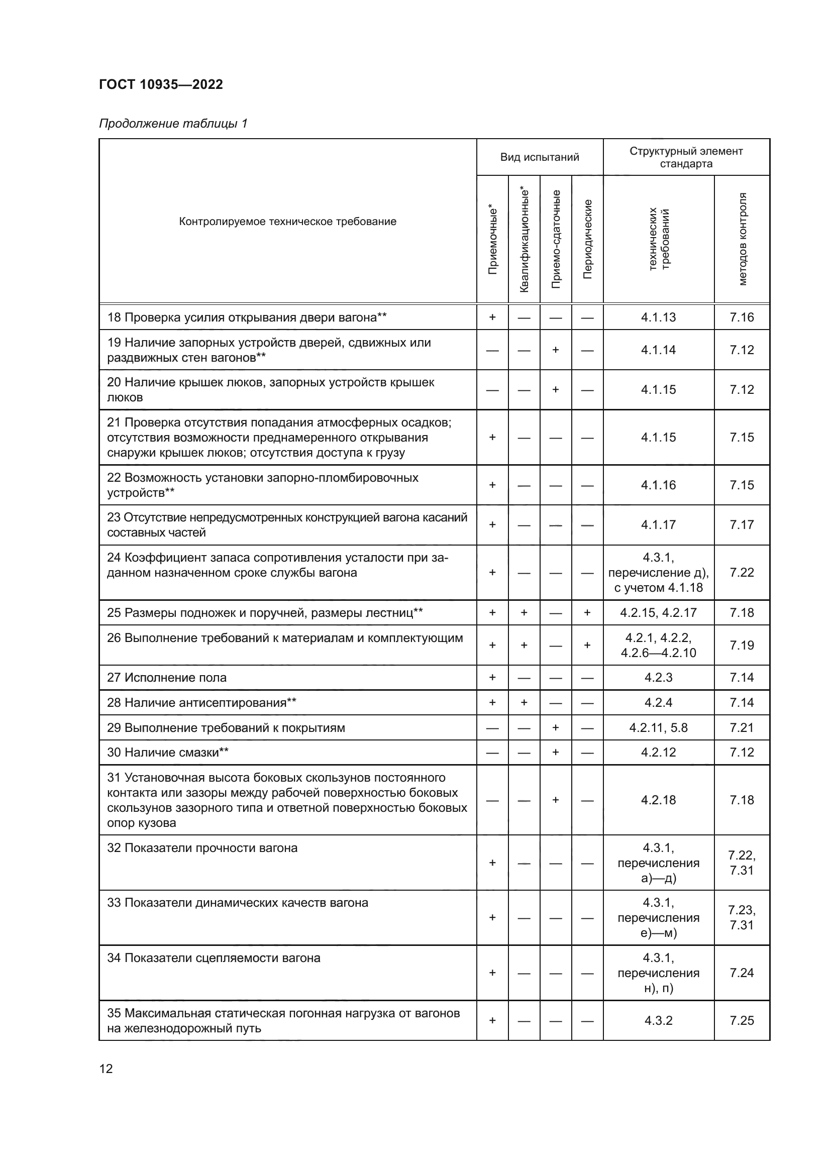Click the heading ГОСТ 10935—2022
pos(161,84)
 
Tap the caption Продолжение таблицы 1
pos(173,124)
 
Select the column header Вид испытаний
pos(539,157)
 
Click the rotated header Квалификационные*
pos(524,239)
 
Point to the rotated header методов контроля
pos(743,239)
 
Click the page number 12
pos(106,1069)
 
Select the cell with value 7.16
pos(742,317)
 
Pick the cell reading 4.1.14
pos(658,350)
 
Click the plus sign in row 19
pos(555,350)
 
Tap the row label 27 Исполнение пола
pos(167,678)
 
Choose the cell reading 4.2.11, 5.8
pos(658,727)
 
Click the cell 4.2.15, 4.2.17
pos(658,612)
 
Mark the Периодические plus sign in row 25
pos(587,612)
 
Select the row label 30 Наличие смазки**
pos(168,752)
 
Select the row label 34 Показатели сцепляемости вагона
pos(214,958)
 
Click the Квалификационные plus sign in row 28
pos(524,703)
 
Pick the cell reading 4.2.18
pos(658,800)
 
